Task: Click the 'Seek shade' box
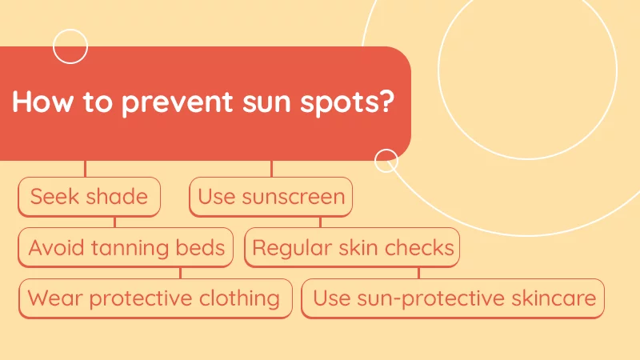pyautogui.click(x=89, y=197)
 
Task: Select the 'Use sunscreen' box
pyautogui.click(x=271, y=197)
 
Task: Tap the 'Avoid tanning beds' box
pyautogui.click(x=126, y=247)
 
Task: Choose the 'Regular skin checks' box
pyautogui.click(x=353, y=247)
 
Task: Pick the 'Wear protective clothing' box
pyautogui.click(x=154, y=298)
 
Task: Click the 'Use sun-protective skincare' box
pyautogui.click(x=454, y=298)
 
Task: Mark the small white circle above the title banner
pyautogui.click(x=70, y=46)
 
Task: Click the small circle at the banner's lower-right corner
pyautogui.click(x=386, y=161)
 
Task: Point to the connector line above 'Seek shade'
pyautogui.click(x=85, y=169)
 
